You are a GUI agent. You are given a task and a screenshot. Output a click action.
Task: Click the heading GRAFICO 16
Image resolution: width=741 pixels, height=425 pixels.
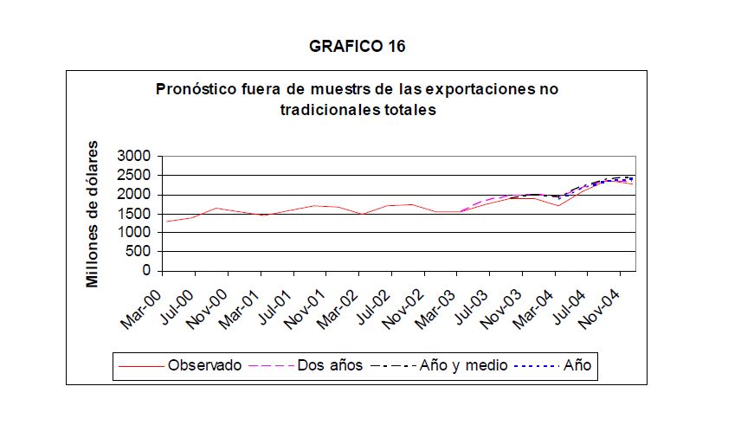[x=357, y=47]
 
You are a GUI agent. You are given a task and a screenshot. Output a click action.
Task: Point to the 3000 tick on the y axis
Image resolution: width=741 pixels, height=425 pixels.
[x=136, y=157]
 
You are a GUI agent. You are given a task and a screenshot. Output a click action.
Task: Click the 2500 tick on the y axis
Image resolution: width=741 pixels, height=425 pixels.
[x=136, y=176]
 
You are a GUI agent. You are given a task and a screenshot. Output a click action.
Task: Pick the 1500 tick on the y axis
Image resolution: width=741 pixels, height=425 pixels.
[x=136, y=214]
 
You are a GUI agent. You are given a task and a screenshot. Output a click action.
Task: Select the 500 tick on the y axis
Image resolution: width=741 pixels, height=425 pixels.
[x=140, y=252]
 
